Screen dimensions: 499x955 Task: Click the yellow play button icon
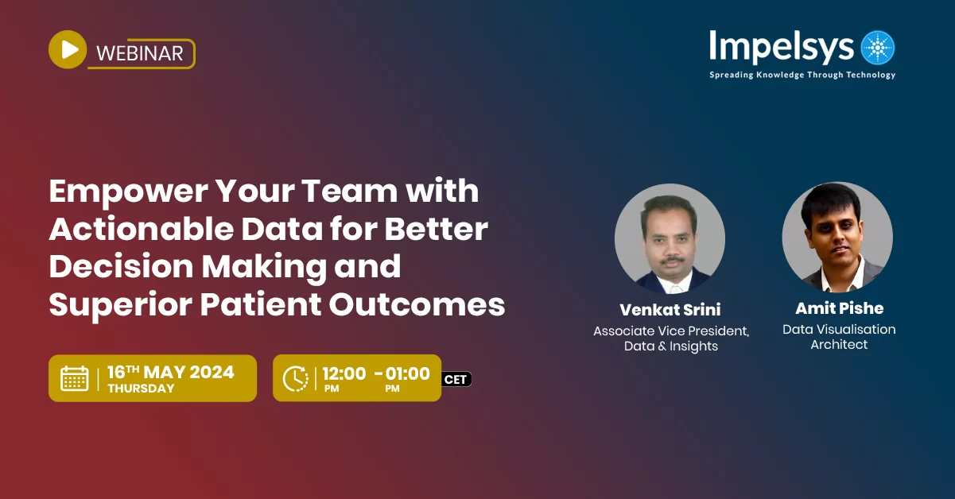pyautogui.click(x=68, y=49)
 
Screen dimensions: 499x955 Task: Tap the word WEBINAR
pyautogui.click(x=139, y=53)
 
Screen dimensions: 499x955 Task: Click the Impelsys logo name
pyautogui.click(x=781, y=47)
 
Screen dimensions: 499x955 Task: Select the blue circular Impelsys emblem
pyautogui.click(x=878, y=48)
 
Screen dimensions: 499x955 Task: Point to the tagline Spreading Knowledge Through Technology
pyautogui.click(x=802, y=75)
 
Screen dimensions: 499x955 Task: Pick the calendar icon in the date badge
pyautogui.click(x=75, y=378)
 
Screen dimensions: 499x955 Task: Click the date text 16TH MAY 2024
pyautogui.click(x=170, y=372)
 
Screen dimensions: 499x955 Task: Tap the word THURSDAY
pyautogui.click(x=141, y=389)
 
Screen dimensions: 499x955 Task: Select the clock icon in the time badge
pyautogui.click(x=296, y=378)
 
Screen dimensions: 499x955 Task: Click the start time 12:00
pyautogui.click(x=344, y=373)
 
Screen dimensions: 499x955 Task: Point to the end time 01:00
pyautogui.click(x=408, y=373)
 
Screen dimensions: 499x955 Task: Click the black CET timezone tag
pyautogui.click(x=456, y=379)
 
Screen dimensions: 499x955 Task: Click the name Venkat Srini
pyautogui.click(x=670, y=309)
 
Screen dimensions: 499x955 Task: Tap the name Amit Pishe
pyautogui.click(x=839, y=308)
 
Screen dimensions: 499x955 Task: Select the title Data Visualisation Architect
pyautogui.click(x=839, y=337)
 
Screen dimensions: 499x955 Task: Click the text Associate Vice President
pyautogui.click(x=671, y=331)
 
